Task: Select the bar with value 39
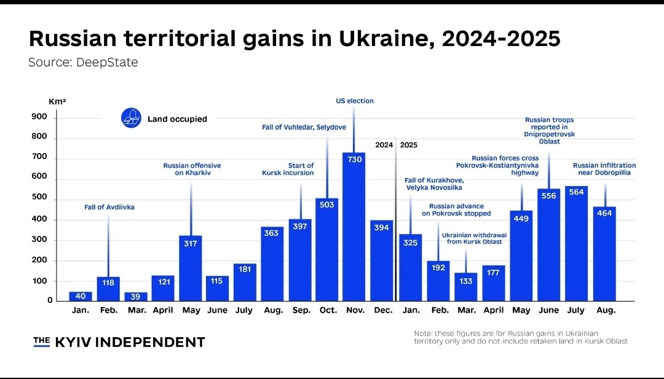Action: (136, 296)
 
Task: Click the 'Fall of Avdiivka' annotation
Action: (109, 208)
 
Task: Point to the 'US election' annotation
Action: (354, 101)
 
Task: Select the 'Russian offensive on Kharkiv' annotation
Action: (192, 169)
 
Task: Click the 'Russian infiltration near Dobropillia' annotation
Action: (604, 169)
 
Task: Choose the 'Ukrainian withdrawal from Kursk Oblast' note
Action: (472, 238)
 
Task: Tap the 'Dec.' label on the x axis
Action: (382, 310)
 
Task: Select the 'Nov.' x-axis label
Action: (355, 310)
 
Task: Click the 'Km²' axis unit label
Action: (57, 100)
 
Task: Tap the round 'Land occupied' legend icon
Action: (130, 118)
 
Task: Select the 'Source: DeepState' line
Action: (83, 63)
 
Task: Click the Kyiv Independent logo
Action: (119, 342)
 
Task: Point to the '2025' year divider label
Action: (408, 146)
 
